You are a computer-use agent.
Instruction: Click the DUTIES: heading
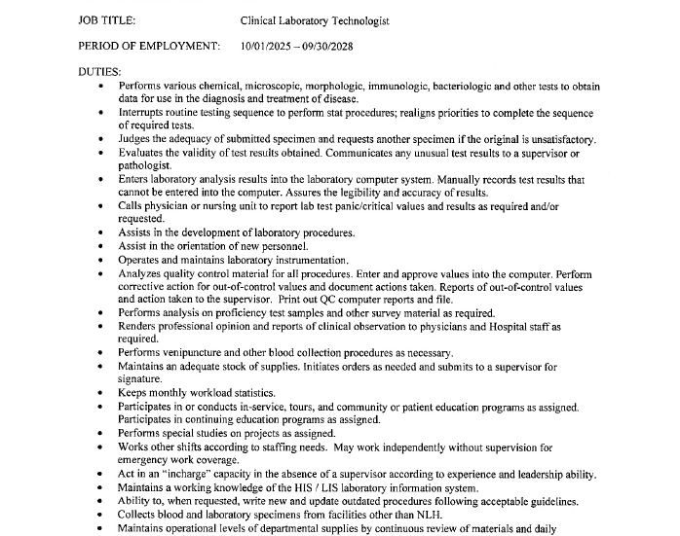pos(99,71)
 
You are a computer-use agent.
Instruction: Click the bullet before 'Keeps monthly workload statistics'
pos(105,392)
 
